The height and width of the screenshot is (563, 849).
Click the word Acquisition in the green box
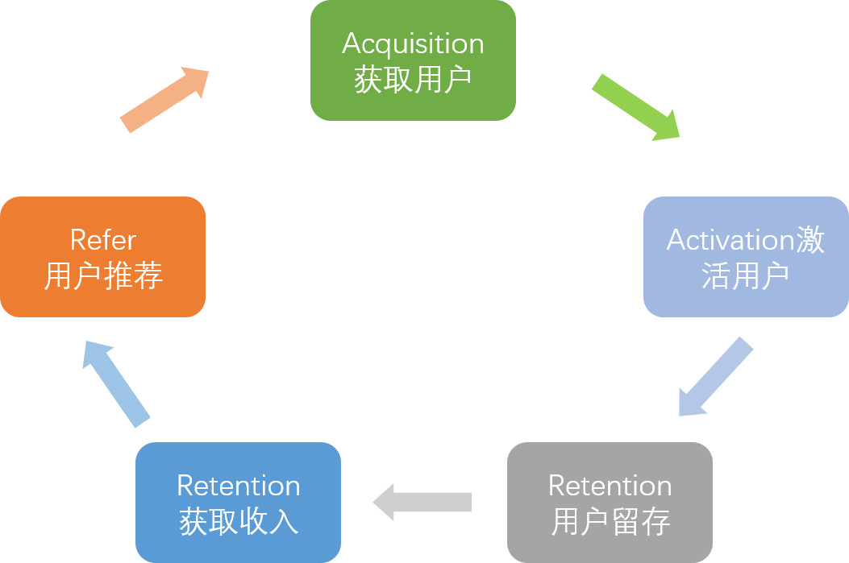[413, 44]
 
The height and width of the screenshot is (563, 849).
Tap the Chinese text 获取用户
[413, 80]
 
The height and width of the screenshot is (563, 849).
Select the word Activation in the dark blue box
[730, 240]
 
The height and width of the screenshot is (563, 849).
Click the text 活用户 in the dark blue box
[745, 276]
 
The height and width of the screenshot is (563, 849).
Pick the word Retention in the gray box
[610, 486]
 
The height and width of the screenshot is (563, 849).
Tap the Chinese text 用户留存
[610, 522]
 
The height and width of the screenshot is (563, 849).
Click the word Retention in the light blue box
[238, 486]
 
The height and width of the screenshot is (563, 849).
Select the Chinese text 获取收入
[239, 522]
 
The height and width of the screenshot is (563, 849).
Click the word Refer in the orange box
[102, 240]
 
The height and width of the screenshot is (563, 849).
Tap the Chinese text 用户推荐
[103, 276]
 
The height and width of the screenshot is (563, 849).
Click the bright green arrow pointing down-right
[636, 108]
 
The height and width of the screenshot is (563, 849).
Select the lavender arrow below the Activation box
[715, 377]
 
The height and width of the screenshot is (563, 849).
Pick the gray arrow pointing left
[422, 502]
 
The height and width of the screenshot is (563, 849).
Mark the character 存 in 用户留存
[656, 522]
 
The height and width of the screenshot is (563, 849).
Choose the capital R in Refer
[78, 240]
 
